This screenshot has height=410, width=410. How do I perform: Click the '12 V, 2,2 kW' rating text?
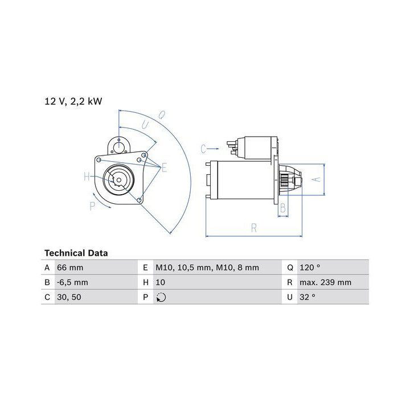click(73, 101)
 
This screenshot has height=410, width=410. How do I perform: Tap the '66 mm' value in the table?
click(71, 267)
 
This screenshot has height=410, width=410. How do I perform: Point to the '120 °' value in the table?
click(309, 267)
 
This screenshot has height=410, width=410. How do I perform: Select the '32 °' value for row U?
click(307, 297)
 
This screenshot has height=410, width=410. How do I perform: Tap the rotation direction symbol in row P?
click(161, 297)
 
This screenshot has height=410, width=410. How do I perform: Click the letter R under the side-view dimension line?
click(254, 229)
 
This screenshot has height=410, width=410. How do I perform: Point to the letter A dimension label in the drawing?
click(318, 179)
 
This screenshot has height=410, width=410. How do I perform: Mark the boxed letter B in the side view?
click(282, 209)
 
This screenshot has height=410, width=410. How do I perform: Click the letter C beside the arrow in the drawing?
click(203, 149)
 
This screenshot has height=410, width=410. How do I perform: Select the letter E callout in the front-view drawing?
click(164, 167)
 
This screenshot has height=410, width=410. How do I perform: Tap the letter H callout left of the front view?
click(87, 177)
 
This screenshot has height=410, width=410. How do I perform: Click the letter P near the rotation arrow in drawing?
click(92, 206)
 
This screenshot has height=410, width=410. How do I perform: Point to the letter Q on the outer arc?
click(161, 115)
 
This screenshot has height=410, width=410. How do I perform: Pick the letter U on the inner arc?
click(146, 124)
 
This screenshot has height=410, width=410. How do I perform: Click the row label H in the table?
click(146, 282)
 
